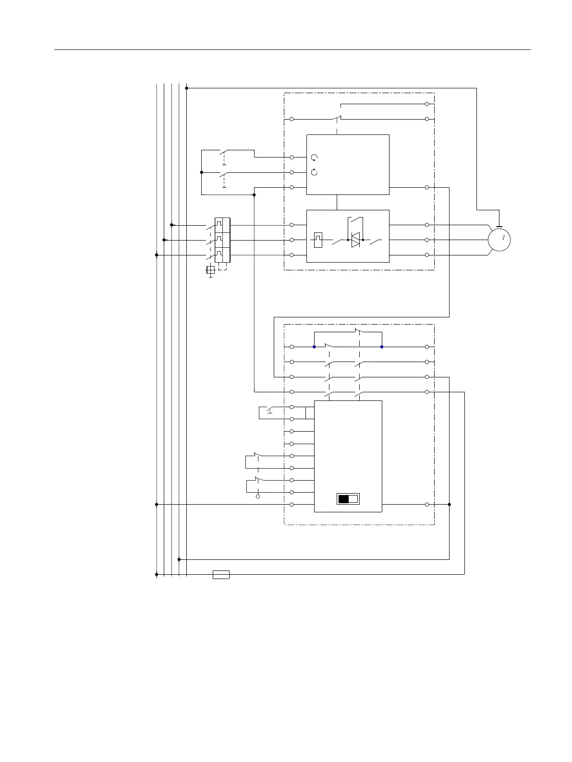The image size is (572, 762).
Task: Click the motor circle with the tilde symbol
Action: [x=499, y=240]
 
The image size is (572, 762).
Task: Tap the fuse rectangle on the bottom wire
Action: [x=221, y=574]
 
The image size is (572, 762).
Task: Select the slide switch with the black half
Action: [x=348, y=499]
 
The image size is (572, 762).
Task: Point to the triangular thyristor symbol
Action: [x=355, y=240]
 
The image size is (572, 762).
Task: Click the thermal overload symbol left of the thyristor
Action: [x=318, y=240]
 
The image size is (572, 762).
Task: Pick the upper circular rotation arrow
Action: [x=314, y=157]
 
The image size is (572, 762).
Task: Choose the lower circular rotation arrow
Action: [x=314, y=172]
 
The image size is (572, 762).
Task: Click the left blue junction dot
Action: [x=314, y=347]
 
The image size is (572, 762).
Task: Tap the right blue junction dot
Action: [x=382, y=347]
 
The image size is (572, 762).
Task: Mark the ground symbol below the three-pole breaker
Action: [x=210, y=271]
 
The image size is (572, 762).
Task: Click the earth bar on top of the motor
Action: [x=499, y=227]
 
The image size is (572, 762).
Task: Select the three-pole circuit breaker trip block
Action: [x=223, y=240]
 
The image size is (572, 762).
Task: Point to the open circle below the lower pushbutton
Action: [x=258, y=496]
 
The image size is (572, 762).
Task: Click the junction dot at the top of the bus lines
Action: [x=186, y=88]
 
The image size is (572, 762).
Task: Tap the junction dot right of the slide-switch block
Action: [x=449, y=505]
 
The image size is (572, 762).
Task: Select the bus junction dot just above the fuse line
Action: [x=179, y=559]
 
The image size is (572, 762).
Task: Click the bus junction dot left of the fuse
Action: [x=157, y=574]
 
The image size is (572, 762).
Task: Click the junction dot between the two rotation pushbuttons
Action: [x=202, y=172]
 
